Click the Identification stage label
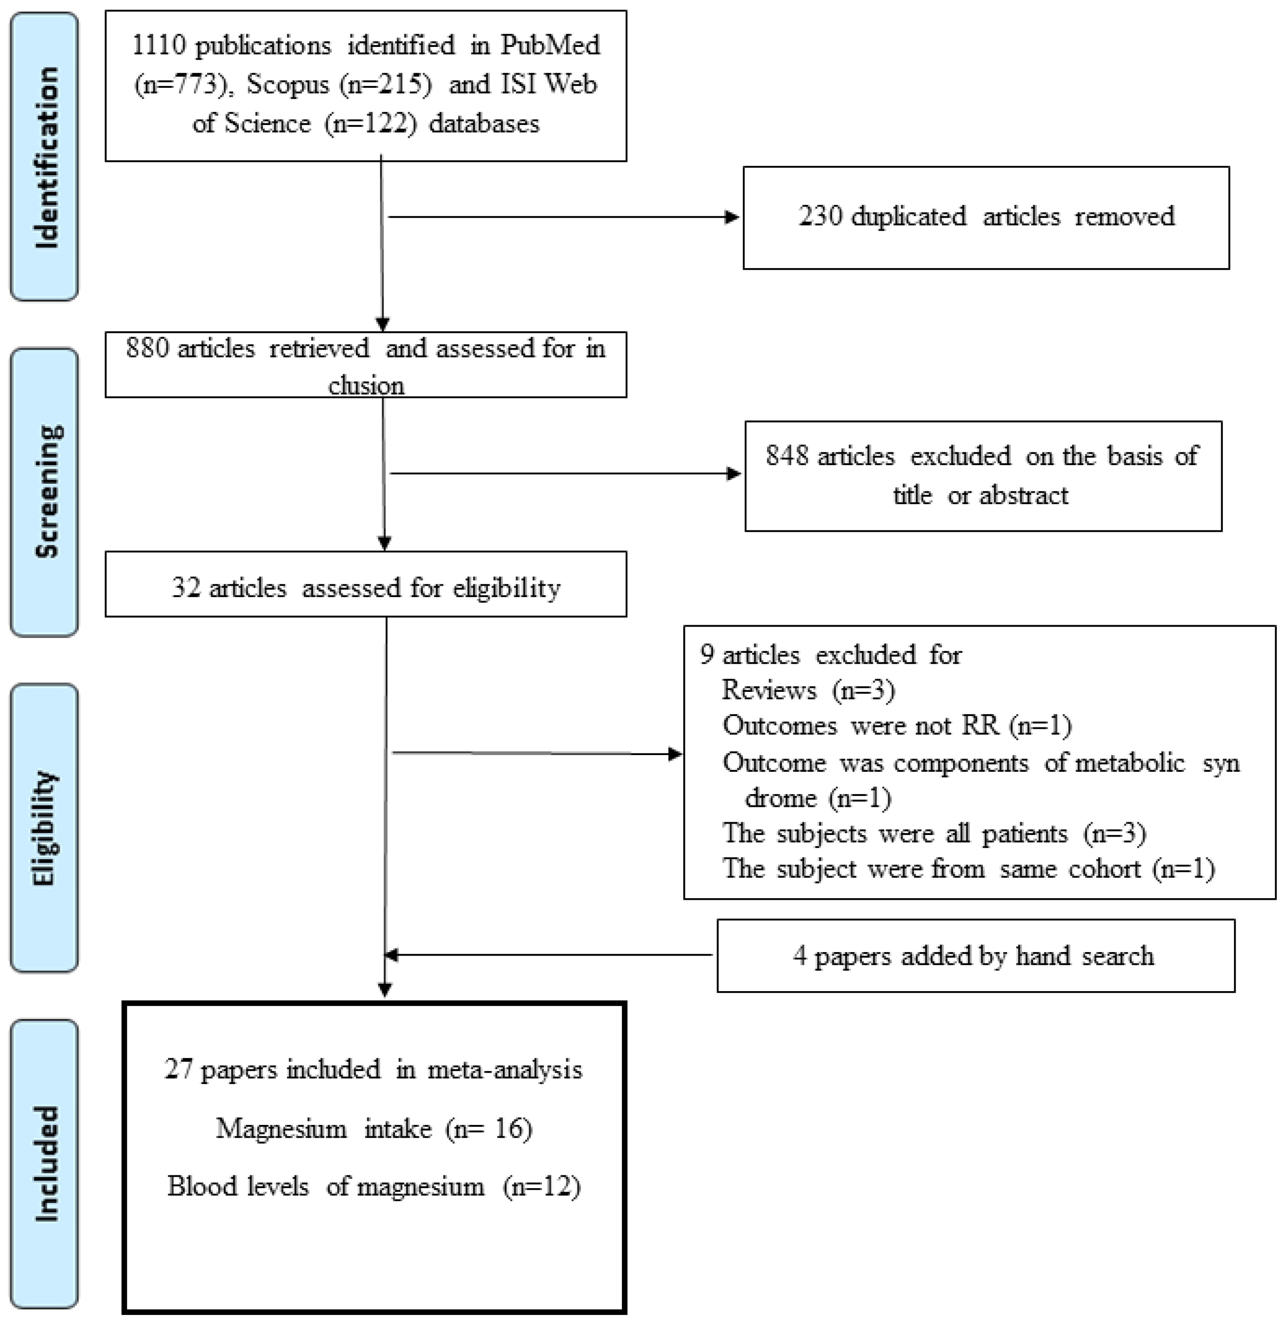coord(45,157)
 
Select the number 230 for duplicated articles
coord(820,216)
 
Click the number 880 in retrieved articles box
coord(147,349)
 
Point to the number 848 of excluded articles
coord(787,456)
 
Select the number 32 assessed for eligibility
coord(186,588)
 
